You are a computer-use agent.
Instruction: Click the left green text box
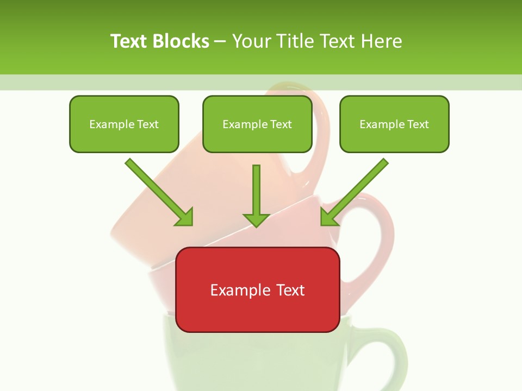tap(124, 124)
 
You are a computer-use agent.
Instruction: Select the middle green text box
tap(257, 124)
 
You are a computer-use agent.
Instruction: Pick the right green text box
tap(394, 124)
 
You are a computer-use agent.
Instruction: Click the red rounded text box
tap(258, 289)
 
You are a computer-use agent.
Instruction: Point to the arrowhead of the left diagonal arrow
tap(185, 217)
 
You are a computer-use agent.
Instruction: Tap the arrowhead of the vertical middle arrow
tap(256, 219)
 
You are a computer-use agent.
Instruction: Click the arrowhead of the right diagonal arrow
tap(328, 217)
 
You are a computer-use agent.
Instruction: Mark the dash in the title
tap(220, 42)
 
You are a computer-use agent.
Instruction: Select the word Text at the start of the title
tap(129, 41)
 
